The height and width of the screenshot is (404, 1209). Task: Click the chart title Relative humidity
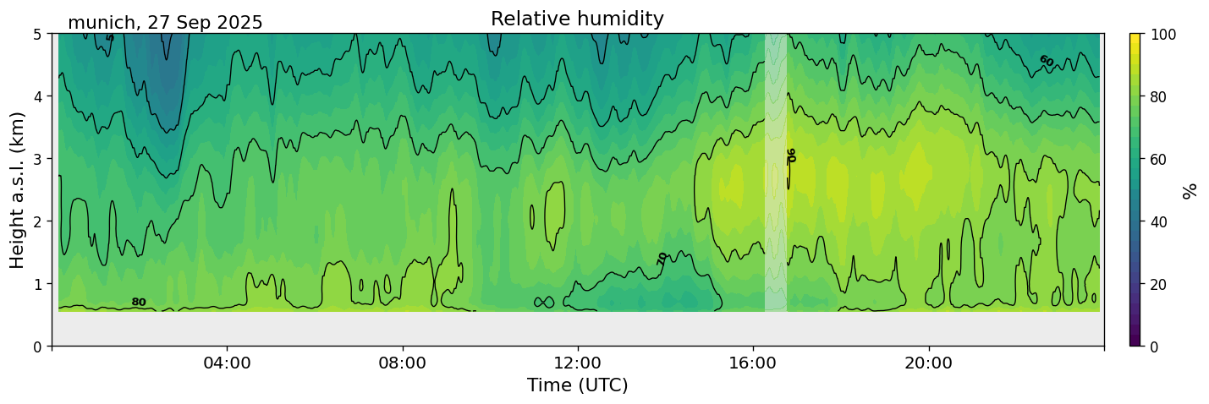tap(577, 19)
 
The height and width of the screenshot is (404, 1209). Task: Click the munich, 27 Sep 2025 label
tap(165, 23)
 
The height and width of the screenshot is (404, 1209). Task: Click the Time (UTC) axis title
tap(577, 385)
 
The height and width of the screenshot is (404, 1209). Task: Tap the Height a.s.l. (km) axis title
tap(18, 190)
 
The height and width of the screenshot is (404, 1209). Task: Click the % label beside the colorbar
tap(1190, 190)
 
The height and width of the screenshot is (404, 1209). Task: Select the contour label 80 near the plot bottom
tap(139, 302)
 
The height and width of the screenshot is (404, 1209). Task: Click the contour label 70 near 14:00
tap(662, 259)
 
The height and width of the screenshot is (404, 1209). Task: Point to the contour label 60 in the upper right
tap(1046, 61)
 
